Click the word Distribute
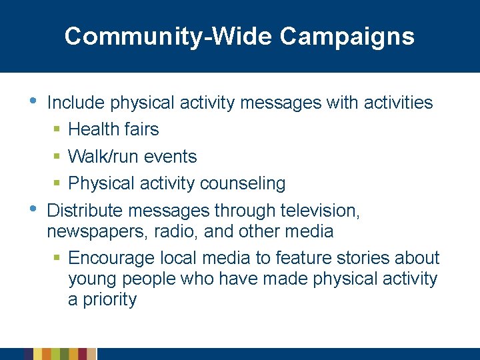[x=85, y=211]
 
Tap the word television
[x=317, y=211]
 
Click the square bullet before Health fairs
[x=58, y=129]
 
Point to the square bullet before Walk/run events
[x=58, y=157]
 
